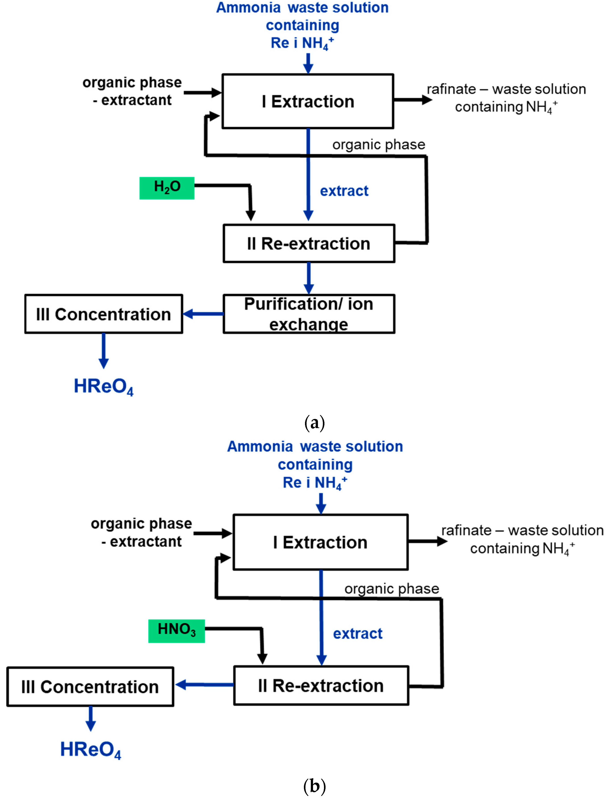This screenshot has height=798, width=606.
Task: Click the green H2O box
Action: click(x=167, y=188)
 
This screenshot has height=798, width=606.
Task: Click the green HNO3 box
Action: click(x=176, y=631)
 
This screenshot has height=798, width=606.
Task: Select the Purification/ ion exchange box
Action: click(x=309, y=313)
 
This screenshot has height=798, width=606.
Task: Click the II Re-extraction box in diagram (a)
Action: click(x=309, y=243)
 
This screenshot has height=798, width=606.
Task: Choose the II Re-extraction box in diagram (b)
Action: click(x=321, y=685)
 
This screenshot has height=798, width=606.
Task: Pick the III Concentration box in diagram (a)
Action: click(x=104, y=314)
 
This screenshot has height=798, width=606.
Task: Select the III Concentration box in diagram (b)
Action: click(x=90, y=687)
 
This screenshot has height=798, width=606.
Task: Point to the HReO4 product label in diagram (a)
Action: click(x=104, y=387)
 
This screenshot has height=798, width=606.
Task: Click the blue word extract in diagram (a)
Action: click(x=344, y=191)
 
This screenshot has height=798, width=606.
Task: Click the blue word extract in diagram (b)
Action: click(x=357, y=633)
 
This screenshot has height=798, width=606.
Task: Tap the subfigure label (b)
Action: click(x=314, y=786)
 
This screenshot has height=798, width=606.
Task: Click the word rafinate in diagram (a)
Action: click(x=451, y=89)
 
